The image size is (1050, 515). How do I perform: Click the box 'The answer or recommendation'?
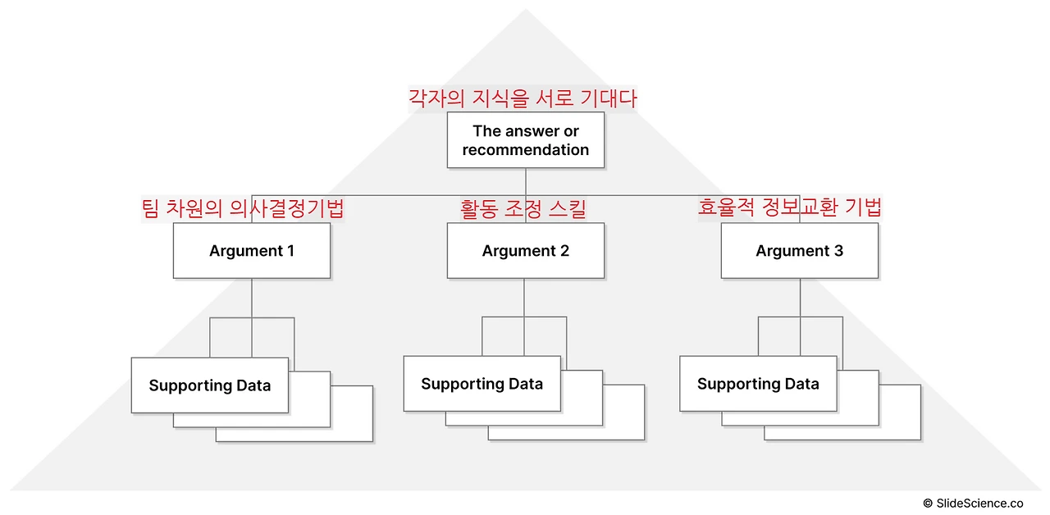525,140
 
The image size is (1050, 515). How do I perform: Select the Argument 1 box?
251,251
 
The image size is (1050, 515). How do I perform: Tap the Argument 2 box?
525,251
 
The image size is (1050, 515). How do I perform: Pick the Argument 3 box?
799,251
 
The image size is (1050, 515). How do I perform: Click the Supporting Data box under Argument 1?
209,385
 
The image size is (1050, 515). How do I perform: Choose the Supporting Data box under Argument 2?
482,384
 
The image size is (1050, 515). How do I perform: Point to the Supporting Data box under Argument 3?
758,384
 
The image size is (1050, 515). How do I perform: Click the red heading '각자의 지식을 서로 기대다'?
523,98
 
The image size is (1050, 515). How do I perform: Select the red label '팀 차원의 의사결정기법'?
242,208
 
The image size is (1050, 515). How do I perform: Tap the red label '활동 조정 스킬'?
523,208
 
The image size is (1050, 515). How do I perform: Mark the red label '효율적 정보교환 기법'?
789,207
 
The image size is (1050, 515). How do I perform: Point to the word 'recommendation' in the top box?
525,150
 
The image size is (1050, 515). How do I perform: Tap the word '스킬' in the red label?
568,208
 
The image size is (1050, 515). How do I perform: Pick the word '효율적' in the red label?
725,207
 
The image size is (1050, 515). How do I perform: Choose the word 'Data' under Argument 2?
525,384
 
